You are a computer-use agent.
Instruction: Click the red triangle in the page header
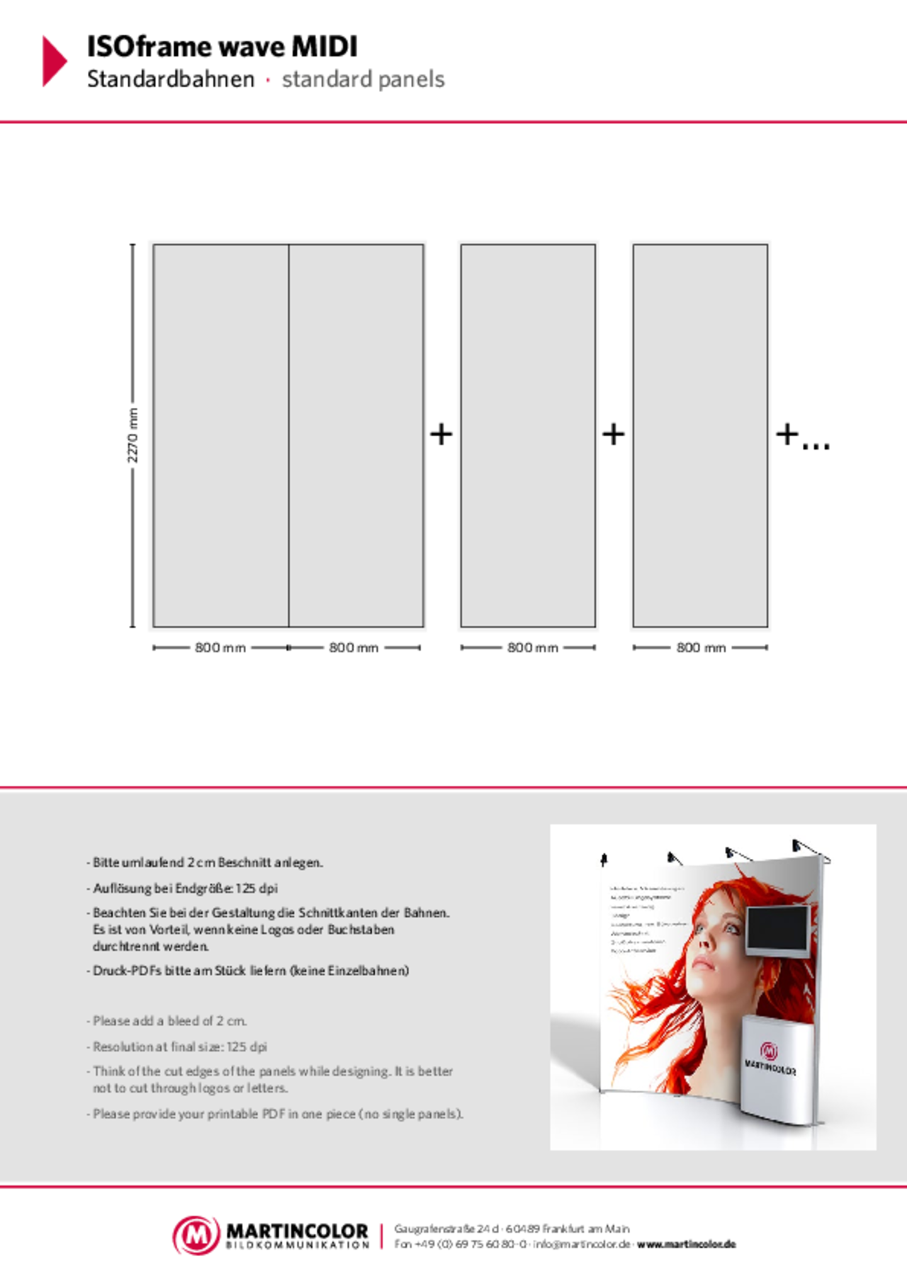point(54,61)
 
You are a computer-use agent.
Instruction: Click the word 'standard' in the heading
point(326,79)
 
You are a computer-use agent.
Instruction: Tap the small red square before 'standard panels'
point(269,80)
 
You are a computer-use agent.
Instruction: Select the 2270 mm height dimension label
point(133,435)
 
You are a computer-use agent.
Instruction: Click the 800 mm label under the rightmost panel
point(701,647)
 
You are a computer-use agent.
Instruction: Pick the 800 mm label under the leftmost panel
point(220,647)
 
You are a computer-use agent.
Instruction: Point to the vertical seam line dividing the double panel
point(288,435)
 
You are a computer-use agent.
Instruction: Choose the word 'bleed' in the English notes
point(184,1021)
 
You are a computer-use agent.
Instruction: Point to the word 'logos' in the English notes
point(211,1088)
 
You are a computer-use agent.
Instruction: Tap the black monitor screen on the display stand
point(777,929)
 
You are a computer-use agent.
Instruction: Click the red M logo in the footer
point(196,1236)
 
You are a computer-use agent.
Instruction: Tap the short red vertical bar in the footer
point(381,1236)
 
